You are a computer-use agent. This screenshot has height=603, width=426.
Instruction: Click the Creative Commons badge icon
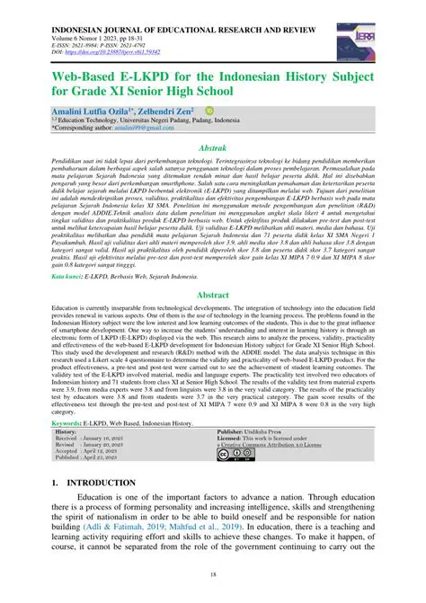click(236, 457)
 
